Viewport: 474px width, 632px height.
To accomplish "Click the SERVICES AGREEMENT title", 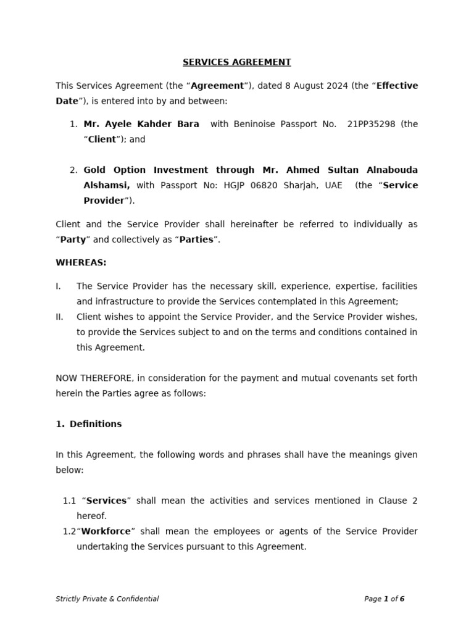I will tap(236, 62).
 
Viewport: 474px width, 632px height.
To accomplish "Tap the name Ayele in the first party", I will tap(117, 124).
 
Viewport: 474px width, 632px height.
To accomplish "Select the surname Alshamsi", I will tap(106, 185).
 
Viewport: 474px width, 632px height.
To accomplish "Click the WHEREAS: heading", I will tap(81, 263).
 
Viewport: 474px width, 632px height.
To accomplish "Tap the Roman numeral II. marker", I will tap(59, 317).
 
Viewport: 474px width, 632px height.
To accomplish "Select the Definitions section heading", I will tap(95, 424).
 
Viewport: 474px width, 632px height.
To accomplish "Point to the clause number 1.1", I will tap(69, 501).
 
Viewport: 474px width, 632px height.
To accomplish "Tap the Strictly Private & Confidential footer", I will tap(107, 599).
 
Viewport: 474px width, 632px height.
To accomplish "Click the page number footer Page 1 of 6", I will tap(384, 599).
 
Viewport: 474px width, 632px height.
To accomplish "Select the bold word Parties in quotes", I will tap(196, 239).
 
